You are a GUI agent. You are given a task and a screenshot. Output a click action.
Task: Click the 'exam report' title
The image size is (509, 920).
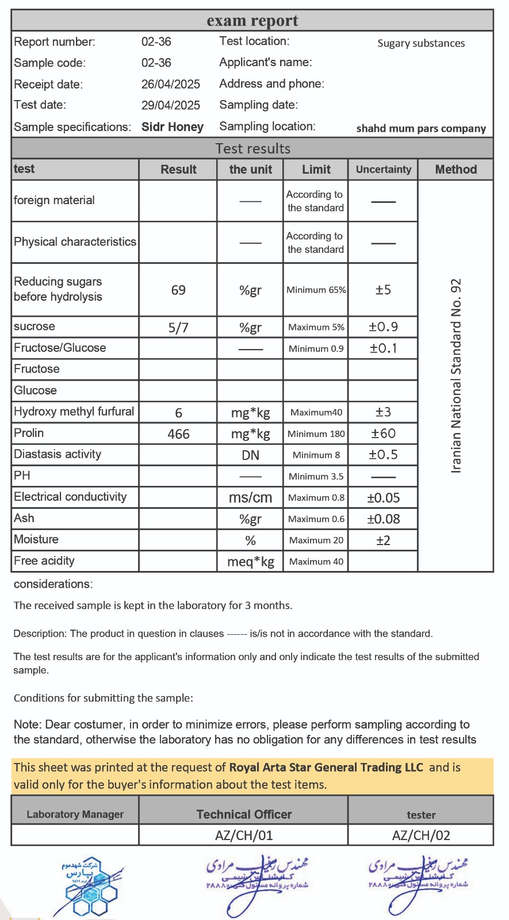coord(252,21)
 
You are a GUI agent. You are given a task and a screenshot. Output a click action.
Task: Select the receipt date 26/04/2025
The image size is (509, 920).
coord(170,84)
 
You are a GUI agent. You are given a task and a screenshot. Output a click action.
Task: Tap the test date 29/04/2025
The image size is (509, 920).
coord(170,105)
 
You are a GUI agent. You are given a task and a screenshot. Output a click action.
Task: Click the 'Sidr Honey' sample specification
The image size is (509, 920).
coord(172,127)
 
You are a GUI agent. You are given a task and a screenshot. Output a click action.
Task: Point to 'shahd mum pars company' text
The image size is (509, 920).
coord(421,128)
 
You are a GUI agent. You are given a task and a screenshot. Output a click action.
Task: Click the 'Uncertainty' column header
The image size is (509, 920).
coord(383,169)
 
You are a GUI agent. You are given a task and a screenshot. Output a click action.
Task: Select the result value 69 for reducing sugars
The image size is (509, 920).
coord(178,290)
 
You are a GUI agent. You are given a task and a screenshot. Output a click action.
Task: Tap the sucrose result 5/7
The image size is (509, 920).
coord(178,327)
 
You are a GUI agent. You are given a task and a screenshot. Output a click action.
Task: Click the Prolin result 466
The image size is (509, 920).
coord(178,434)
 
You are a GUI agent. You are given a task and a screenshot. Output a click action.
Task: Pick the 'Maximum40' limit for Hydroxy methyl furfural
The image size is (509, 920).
coord(316,412)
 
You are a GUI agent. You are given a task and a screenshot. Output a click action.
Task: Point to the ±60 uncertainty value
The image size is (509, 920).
coord(383,434)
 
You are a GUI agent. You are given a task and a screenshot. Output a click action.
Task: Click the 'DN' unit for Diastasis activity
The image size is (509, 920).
coord(250,455)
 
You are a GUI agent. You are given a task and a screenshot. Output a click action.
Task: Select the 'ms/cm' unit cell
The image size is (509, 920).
coord(250,498)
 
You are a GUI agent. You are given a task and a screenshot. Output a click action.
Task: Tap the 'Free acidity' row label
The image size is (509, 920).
coord(44,561)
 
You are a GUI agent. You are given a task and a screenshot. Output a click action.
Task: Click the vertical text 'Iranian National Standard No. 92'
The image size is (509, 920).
coord(456,375)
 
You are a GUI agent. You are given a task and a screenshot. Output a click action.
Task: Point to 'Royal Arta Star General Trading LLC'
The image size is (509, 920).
coord(326,767)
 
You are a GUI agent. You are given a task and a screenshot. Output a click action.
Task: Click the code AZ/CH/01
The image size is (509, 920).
coord(244,835)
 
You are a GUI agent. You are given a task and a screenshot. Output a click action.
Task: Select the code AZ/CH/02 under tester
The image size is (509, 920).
coord(421,835)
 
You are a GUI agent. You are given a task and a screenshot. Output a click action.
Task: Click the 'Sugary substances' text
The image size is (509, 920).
coord(421,43)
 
